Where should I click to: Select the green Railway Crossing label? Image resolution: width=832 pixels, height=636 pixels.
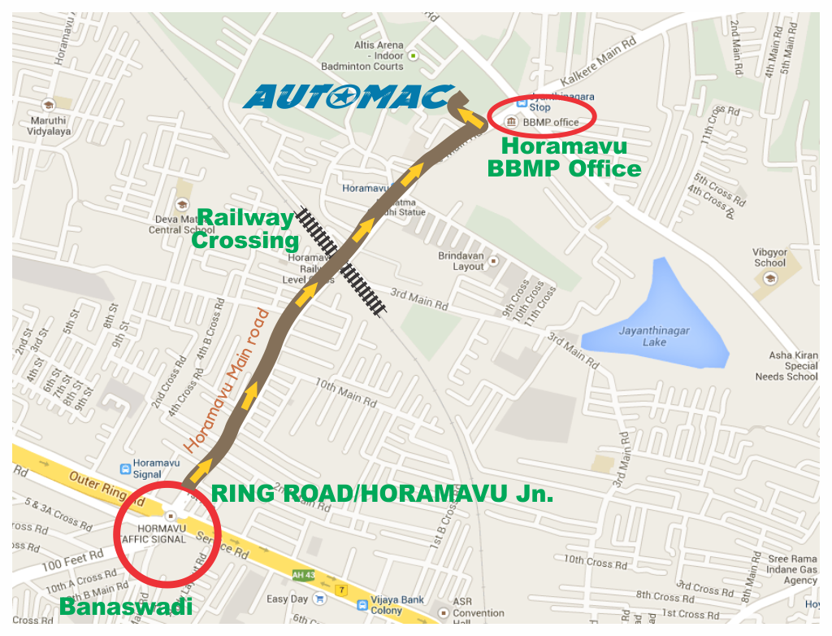tap(245, 229)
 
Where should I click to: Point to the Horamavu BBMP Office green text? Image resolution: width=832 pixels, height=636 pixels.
tap(564, 158)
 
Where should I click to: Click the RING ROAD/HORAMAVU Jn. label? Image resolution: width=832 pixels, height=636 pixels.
tap(382, 493)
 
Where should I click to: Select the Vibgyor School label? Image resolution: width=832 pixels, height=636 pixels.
tap(770, 258)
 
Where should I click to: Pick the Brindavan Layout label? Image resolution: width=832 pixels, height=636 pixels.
tap(461, 260)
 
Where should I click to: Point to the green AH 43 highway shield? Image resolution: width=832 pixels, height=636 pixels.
tap(303, 575)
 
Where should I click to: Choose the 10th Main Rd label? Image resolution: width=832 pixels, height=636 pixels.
tap(345, 393)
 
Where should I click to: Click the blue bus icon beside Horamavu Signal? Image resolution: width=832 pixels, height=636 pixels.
tap(125, 468)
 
